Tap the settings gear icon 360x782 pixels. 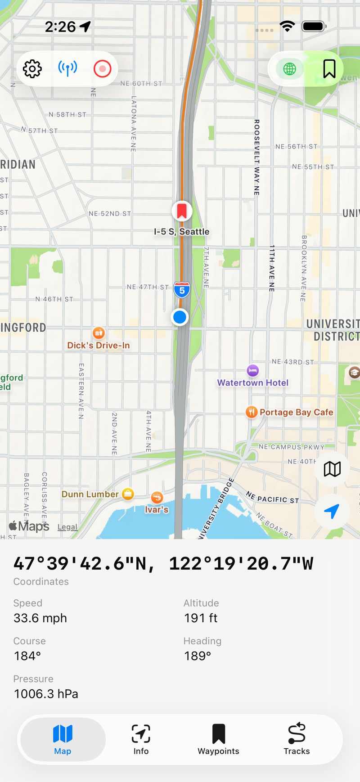tap(32, 69)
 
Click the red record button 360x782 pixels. tap(102, 69)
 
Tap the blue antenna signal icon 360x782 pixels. tap(67, 69)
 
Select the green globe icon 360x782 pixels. tap(289, 69)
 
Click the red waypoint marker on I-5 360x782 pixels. tap(182, 211)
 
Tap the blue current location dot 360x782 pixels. tap(180, 317)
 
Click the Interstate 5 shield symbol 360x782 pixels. tap(182, 290)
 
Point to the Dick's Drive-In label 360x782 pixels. tap(99, 345)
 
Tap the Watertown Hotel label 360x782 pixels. tap(253, 382)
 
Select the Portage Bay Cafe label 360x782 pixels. tap(296, 412)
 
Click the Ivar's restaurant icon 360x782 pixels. tap(157, 498)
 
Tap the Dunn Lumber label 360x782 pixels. tap(90, 494)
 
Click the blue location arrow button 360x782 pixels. tap(332, 511)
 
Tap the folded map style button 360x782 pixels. tap(332, 469)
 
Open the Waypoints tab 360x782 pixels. tap(218, 739)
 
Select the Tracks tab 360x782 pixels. tap(297, 739)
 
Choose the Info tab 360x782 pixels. tap(141, 739)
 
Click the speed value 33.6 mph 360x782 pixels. tap(40, 618)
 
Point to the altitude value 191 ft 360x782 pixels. tap(201, 618)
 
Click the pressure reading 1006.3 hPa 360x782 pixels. tap(46, 694)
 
